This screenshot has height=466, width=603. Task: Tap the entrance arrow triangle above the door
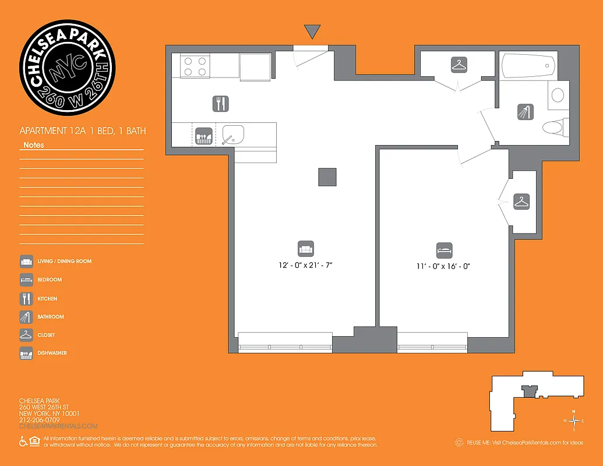[x=312, y=31]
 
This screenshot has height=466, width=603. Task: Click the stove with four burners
[x=195, y=66]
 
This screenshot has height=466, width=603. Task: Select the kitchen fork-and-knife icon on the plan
[x=220, y=104]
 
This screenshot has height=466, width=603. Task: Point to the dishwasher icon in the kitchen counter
[x=202, y=136]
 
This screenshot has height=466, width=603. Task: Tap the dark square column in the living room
[x=327, y=177]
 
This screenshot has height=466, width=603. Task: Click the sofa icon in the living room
[x=306, y=248]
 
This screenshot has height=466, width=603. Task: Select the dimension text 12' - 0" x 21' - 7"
[x=309, y=266]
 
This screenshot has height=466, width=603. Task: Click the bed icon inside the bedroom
[x=444, y=250]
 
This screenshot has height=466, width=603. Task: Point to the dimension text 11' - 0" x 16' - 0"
[x=443, y=266]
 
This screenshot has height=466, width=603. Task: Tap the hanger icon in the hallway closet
[x=459, y=65]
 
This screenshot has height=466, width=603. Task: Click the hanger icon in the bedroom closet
[x=521, y=202]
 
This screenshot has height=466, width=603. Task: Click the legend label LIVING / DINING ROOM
[x=65, y=262]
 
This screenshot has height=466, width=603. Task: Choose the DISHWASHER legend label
[x=52, y=353]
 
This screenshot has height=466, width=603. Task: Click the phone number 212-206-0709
[x=40, y=419]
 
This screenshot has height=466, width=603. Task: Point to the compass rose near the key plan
[x=574, y=421]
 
